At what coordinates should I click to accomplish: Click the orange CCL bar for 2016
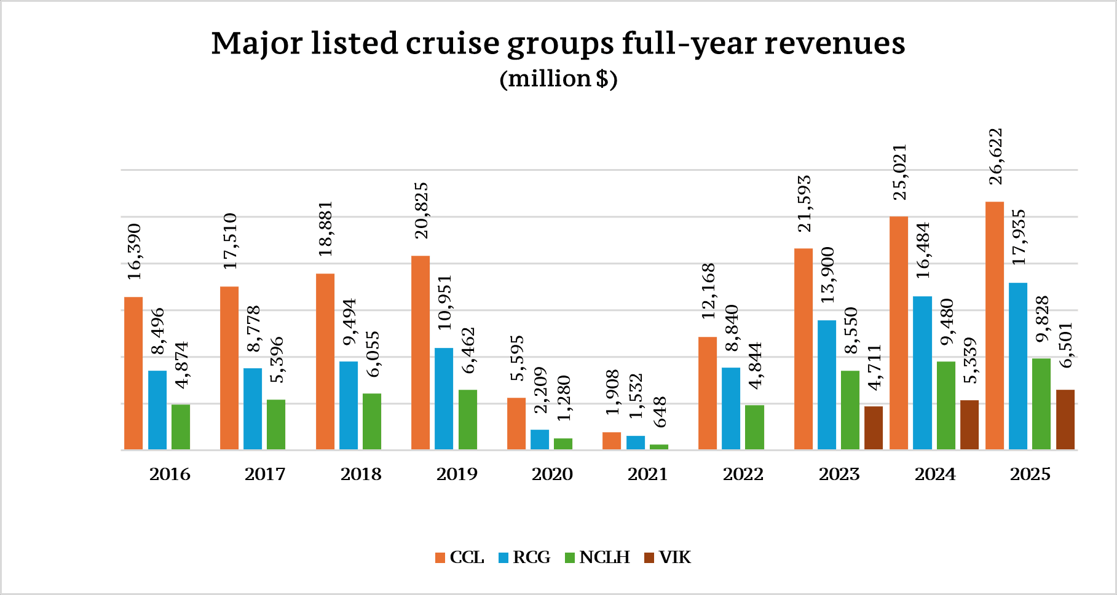coord(133,373)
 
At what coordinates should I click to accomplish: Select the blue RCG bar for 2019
coord(444,398)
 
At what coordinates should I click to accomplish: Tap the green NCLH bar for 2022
coord(754,427)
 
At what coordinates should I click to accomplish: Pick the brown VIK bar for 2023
coord(873,428)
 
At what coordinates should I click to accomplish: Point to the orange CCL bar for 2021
coord(612,441)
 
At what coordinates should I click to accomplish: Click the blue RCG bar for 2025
coord(1018,366)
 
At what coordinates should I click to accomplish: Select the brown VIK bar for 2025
coord(1065,419)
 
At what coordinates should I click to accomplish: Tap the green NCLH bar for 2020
coord(563,444)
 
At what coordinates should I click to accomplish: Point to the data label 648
coord(659,412)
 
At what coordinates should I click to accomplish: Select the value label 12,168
coord(708,291)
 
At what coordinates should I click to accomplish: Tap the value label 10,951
coord(444,302)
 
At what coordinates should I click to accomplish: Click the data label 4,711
coord(874,367)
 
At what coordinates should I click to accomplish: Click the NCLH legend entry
coord(597,558)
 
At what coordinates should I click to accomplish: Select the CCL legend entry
coord(459,558)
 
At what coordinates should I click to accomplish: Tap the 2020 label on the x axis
coord(552,474)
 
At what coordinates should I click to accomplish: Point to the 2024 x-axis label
coord(935,474)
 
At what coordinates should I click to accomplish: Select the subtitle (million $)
coord(558,79)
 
